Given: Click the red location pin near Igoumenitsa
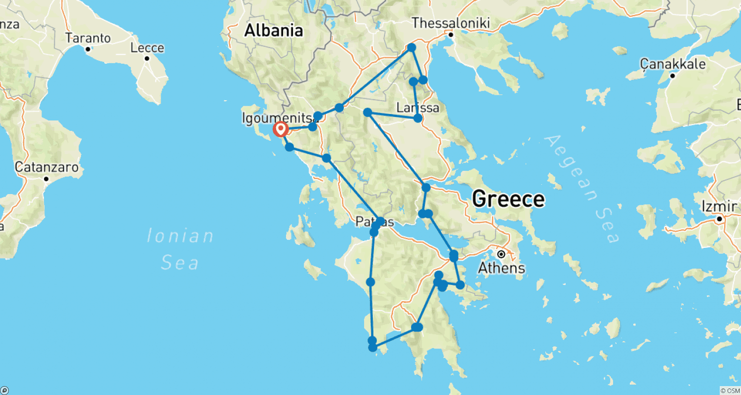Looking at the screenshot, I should (x=281, y=129).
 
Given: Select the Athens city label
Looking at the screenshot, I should (x=501, y=268).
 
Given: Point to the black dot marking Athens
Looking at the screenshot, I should (x=501, y=254).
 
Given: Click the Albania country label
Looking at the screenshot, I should (x=274, y=31).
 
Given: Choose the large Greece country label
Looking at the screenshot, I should (x=508, y=199).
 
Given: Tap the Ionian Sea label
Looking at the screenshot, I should (x=181, y=249).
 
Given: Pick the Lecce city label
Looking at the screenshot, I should (x=147, y=47).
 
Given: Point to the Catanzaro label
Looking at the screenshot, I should (x=46, y=167).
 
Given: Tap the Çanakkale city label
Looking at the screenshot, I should (x=673, y=64).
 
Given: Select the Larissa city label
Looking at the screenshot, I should (x=418, y=107).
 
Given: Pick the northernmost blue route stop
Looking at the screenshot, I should (x=411, y=47).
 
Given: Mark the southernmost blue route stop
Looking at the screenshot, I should (x=373, y=348).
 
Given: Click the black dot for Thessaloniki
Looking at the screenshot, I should (x=451, y=34).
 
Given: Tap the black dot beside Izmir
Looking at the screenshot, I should (x=720, y=218).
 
